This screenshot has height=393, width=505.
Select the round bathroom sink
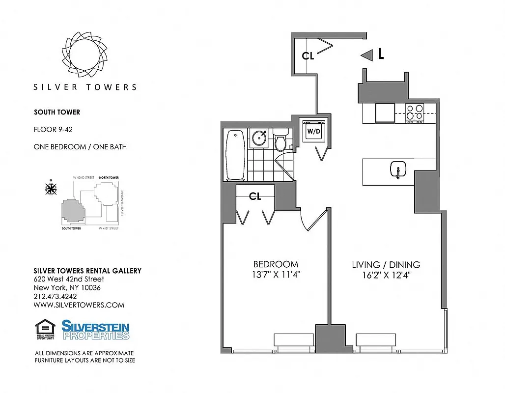point(259,138)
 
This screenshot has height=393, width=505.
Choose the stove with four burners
point(415,113)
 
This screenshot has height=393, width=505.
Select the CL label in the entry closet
point(308,56)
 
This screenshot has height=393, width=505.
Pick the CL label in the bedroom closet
point(255,196)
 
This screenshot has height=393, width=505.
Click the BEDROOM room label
point(276,264)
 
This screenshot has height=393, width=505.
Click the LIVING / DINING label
point(386,265)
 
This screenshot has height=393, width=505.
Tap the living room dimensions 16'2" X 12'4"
point(386,276)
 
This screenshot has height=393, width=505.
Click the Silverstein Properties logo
point(95,330)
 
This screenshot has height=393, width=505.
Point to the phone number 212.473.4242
point(55,296)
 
